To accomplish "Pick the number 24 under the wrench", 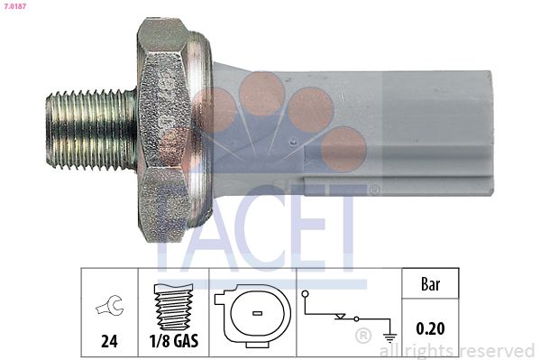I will [108, 343].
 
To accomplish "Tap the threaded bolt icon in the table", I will [173, 307].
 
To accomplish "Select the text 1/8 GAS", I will [173, 343].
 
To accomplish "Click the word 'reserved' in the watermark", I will [496, 350].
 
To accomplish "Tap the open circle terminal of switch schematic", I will [307, 293].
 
